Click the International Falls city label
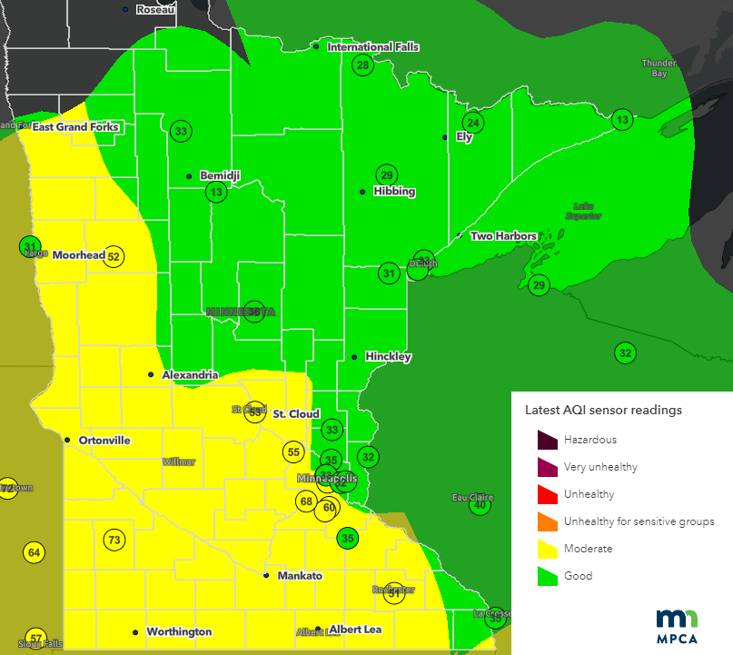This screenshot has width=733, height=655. [372, 46]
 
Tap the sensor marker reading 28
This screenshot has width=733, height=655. [363, 65]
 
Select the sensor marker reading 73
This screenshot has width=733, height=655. [114, 541]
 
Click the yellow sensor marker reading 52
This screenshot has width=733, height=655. [114, 256]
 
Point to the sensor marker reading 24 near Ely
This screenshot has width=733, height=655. [472, 123]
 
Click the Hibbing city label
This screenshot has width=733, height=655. [394, 192]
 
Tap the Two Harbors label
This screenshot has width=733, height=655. [503, 236]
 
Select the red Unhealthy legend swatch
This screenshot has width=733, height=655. [547, 494]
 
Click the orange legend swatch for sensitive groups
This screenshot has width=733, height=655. [547, 521]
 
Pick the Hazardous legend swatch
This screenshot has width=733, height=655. [547, 440]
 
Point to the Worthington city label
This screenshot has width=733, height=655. [179, 631]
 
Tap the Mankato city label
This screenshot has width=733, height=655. [299, 576]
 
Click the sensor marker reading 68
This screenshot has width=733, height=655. [306, 501]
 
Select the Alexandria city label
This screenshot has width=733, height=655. [189, 374]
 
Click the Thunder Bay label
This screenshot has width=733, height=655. [659, 68]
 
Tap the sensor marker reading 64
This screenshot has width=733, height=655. [35, 552]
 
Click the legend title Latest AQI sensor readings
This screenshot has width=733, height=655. [603, 410]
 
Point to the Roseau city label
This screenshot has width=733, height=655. [154, 9]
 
